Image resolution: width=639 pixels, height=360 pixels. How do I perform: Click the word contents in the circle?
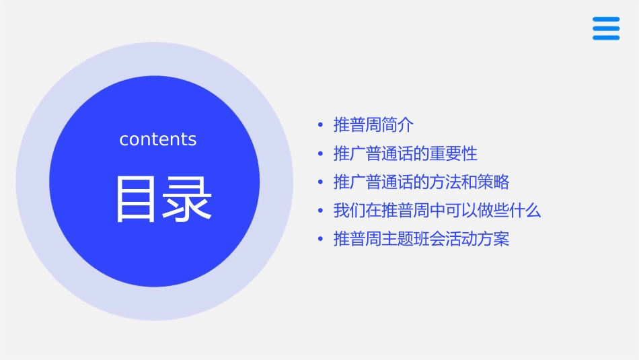pos(158,139)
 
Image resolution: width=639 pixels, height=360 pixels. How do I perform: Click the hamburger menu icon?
pos(605,28)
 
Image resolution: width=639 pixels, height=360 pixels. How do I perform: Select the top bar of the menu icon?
pos(605,19)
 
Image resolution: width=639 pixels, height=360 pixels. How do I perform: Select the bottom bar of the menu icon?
pos(605,38)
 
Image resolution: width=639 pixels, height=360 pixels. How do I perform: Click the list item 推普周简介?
pos(374,125)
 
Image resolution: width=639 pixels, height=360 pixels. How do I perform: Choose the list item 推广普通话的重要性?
pos(406,153)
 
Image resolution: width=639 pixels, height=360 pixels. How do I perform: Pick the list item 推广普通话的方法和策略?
pos(422,182)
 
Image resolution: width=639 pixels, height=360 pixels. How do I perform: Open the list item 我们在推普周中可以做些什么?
pos(437,211)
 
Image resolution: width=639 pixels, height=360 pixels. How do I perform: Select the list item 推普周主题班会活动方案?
pos(422,240)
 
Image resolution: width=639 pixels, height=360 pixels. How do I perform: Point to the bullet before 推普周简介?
pos(321,125)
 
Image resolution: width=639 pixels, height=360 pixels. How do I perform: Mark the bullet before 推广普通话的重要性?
pos(321,154)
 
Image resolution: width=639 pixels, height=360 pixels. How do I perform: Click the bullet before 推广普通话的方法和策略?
pos(321,182)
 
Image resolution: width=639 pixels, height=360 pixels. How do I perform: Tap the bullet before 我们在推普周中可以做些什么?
pos(321,211)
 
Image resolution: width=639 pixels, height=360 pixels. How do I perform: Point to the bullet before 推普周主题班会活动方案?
pos(321,240)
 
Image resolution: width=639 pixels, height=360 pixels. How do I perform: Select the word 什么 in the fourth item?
pos(525,211)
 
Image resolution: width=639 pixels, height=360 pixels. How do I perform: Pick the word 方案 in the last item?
pos(494,240)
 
